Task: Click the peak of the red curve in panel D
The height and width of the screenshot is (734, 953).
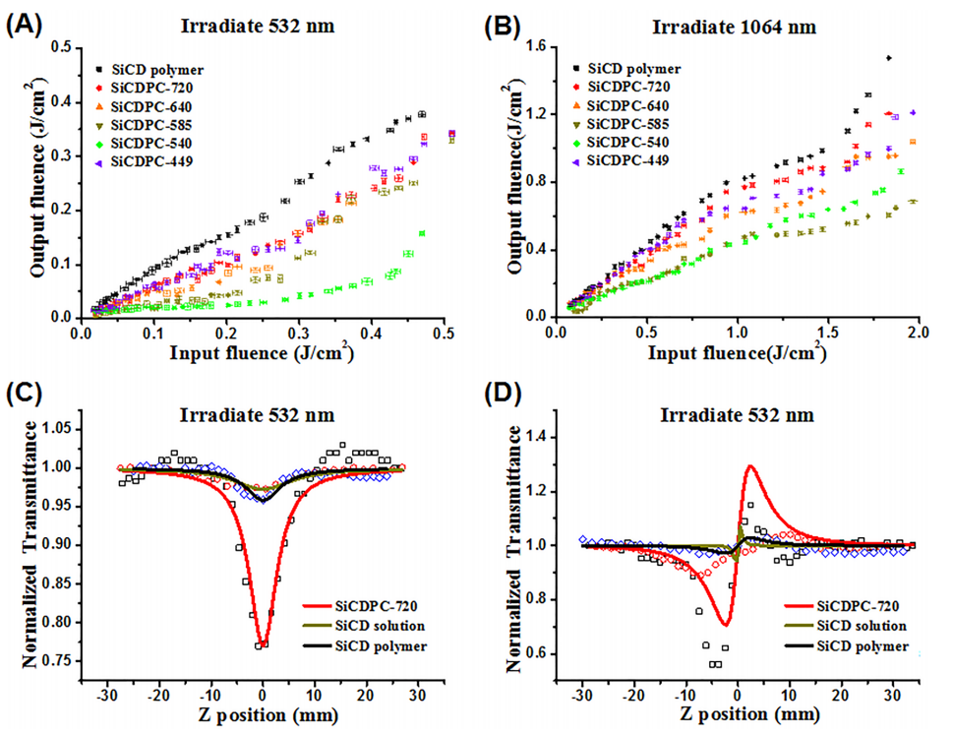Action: pyautogui.click(x=750, y=466)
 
